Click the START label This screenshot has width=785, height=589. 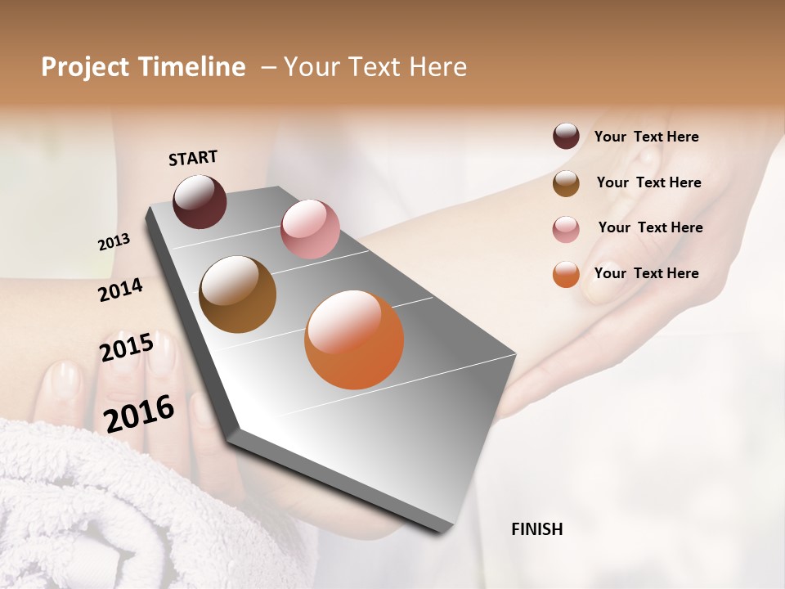tap(193, 158)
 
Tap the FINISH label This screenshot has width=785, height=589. tap(536, 529)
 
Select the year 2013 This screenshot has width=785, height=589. tap(114, 242)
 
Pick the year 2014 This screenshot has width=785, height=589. tap(120, 290)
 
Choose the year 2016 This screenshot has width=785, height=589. tap(139, 413)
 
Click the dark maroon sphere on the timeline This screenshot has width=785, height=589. tap(200, 201)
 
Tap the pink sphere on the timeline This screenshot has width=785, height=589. tap(310, 229)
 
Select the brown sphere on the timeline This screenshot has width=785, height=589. tap(238, 294)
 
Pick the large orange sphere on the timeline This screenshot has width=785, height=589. tap(354, 339)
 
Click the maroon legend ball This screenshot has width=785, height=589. tap(566, 136)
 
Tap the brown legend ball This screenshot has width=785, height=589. tap(566, 183)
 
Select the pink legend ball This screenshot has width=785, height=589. tap(566, 229)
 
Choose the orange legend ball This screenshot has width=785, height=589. tap(566, 274)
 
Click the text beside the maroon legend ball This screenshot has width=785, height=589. tap(646, 137)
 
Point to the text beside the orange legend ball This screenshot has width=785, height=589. tap(646, 273)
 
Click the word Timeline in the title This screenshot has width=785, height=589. tap(192, 67)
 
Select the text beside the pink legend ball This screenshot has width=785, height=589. tap(650, 227)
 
